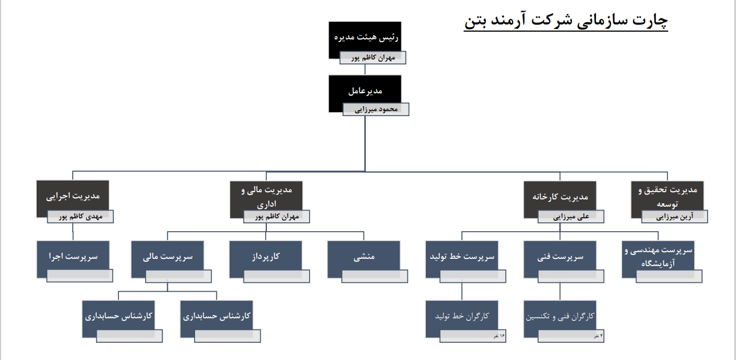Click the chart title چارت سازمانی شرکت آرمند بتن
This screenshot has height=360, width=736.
coord(566,21)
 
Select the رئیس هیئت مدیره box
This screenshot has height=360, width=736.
coord(364,37)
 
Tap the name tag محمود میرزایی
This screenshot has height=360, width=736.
coord(376,109)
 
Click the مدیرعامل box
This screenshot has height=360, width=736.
coord(365,91)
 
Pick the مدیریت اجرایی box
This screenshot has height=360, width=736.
coord(72,196)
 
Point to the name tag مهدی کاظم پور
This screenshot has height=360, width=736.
coord(81,217)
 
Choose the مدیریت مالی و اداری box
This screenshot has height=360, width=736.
coord(266,196)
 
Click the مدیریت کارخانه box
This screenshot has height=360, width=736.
coord(560,196)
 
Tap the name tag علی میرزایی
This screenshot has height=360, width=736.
coord(571,217)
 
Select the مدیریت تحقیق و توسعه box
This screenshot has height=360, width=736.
coord(667,194)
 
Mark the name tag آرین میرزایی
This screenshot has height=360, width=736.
coord(674,217)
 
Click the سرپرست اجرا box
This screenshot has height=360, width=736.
coord(72,257)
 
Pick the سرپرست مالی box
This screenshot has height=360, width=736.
coord(167,257)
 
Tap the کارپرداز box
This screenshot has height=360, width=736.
coord(266,257)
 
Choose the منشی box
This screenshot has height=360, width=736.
coord(364,257)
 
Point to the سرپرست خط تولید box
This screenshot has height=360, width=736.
coord(462,257)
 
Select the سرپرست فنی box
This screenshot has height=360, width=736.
coord(560,257)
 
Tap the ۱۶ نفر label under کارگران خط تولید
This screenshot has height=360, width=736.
coord(499,336)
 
